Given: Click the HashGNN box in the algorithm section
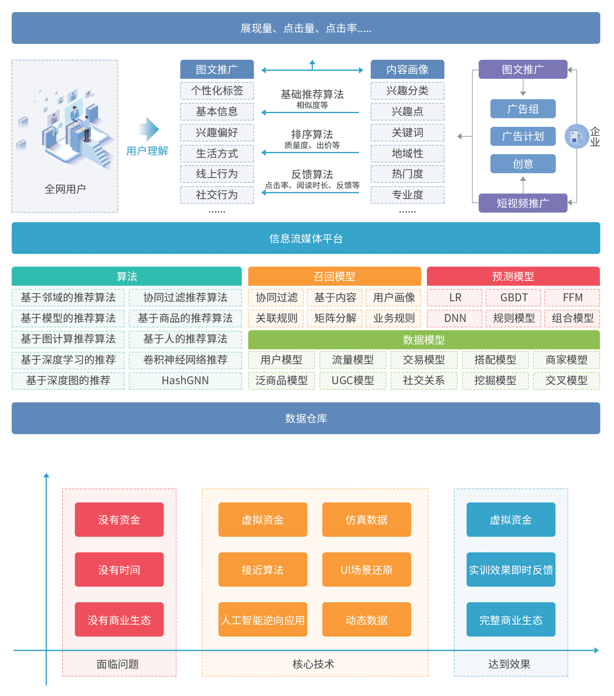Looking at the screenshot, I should (185, 380).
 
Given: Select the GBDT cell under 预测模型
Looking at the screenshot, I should (513, 297).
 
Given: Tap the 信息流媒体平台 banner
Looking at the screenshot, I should (306, 238).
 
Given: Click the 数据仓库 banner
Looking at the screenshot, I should (306, 418).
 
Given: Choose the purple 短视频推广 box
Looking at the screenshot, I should (523, 203).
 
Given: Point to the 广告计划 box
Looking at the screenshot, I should (523, 136).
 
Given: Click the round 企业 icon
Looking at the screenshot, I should (576, 136).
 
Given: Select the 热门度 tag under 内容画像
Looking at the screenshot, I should (407, 174).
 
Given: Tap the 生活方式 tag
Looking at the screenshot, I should (217, 154).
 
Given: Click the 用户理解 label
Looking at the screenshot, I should (147, 151).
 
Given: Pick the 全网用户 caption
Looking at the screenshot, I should (65, 189).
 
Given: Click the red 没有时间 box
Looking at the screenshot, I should (119, 569).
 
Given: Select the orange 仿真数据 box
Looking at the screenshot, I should (366, 519).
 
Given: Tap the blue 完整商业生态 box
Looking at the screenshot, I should (510, 619).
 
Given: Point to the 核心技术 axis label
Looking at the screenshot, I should (313, 664).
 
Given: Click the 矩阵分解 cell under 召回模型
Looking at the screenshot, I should (335, 318).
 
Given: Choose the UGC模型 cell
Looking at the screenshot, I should (353, 380).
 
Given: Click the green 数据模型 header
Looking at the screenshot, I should (423, 339).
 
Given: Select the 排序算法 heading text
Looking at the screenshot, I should (312, 134).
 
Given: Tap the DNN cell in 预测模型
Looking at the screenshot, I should (455, 318).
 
